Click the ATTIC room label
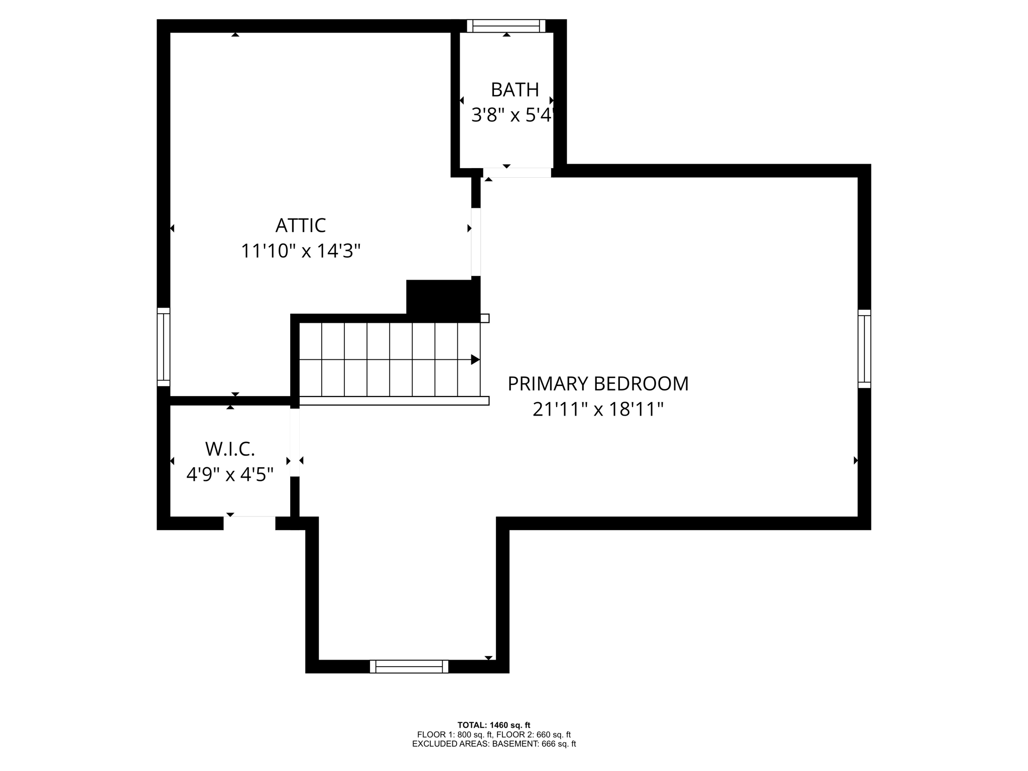[300, 225]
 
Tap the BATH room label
[515, 90]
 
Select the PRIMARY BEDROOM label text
[598, 383]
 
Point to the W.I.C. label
[230, 449]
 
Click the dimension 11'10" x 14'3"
[300, 250]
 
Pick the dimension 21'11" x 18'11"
[598, 409]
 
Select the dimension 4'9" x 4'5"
[230, 474]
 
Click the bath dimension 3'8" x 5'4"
[512, 115]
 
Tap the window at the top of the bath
[506, 26]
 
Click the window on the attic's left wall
[164, 347]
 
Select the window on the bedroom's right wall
[864, 349]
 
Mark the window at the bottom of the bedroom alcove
[409, 666]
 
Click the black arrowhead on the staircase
[475, 359]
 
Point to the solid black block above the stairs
[442, 300]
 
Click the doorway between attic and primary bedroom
[476, 242]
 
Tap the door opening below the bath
[517, 172]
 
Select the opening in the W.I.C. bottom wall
[249, 523]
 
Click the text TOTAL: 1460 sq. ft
[493, 725]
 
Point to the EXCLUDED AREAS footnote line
[493, 744]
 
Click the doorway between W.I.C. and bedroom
[295, 442]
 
